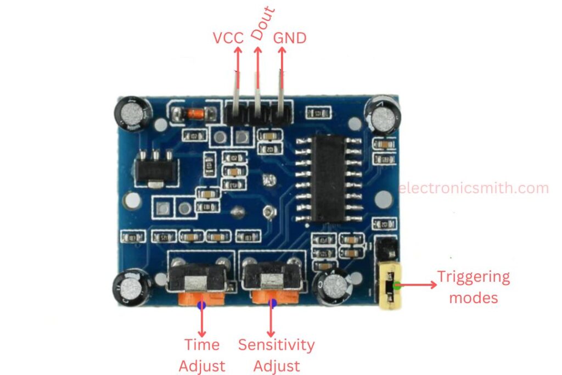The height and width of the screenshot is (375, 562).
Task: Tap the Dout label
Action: click(x=263, y=24)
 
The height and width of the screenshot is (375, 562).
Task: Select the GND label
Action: click(x=289, y=38)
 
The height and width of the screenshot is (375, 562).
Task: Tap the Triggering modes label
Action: click(x=473, y=287)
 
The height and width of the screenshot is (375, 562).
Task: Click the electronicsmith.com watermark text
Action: click(x=473, y=188)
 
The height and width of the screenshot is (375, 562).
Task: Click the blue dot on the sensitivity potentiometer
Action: click(x=272, y=304)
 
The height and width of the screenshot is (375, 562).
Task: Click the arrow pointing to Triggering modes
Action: click(x=417, y=285)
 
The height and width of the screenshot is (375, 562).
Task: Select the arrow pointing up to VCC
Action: click(x=238, y=66)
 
